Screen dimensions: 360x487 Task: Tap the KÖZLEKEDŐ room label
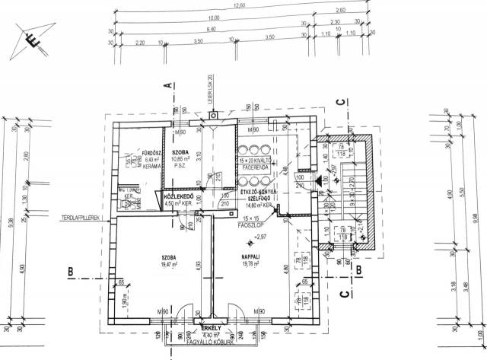pos(177,197)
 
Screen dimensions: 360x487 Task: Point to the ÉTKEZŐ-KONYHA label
pos(260,193)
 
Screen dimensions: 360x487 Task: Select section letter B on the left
pos(69,271)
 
